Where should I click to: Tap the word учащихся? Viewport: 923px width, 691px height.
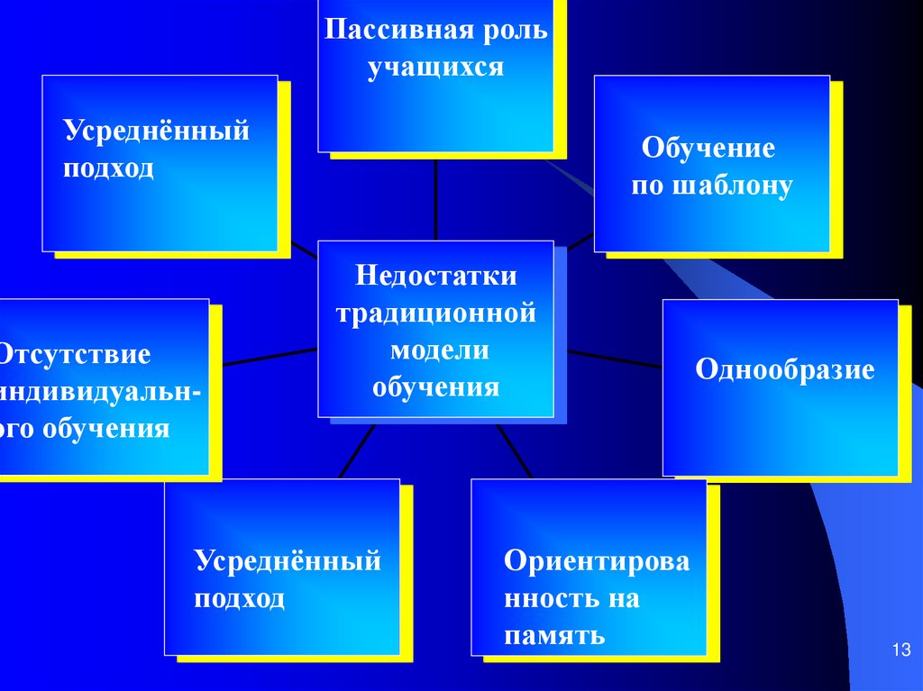click(x=435, y=68)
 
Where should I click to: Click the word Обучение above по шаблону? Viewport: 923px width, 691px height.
click(x=708, y=147)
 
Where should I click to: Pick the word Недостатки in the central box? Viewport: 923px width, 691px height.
click(x=436, y=276)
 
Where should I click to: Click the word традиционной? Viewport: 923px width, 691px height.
click(x=436, y=314)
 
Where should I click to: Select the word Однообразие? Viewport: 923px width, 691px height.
click(x=785, y=370)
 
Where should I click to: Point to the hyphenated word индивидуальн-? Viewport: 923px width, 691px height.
click(x=101, y=390)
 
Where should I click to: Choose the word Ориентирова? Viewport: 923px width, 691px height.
click(x=597, y=561)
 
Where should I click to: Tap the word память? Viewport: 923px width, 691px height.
click(x=553, y=636)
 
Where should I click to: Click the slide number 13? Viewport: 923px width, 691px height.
click(x=901, y=650)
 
